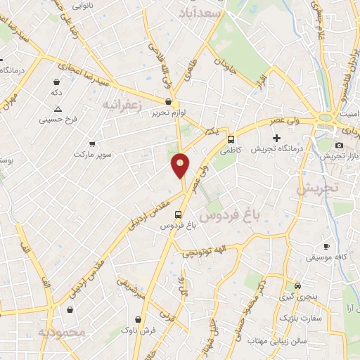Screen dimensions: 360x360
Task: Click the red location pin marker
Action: [180, 165]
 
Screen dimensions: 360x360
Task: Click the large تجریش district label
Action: [317, 188]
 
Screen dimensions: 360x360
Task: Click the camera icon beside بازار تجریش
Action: [339, 145]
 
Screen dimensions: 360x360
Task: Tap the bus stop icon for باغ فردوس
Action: [178, 214]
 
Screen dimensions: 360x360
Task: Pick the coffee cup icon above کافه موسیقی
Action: [326, 246]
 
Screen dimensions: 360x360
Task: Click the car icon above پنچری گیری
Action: [297, 286]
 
